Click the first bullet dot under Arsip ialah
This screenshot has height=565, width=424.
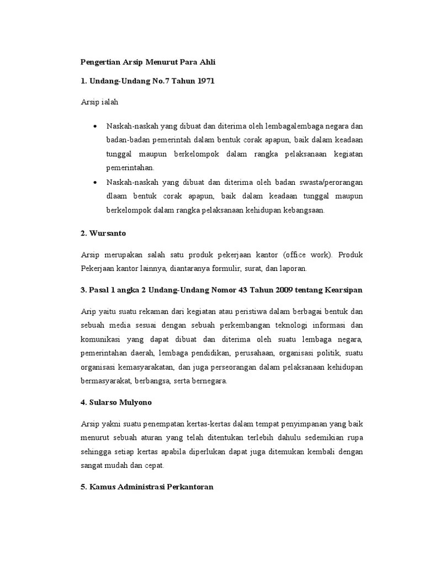tap(96, 126)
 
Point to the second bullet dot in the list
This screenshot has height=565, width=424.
tap(96, 182)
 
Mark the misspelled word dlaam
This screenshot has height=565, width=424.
tap(117, 196)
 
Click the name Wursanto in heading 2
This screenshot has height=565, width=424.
tap(107, 233)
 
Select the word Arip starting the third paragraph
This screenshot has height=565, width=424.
tap(88, 311)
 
